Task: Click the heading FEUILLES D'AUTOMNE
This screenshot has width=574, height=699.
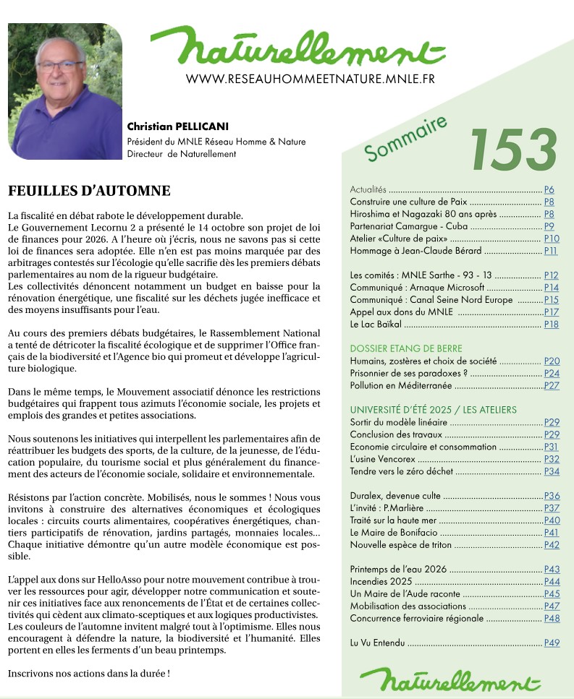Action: click(89, 192)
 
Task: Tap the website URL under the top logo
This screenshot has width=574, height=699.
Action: click(310, 78)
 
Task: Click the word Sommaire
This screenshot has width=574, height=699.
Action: click(405, 139)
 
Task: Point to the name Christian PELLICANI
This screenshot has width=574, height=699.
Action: click(178, 128)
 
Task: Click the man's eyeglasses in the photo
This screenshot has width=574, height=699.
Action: click(61, 66)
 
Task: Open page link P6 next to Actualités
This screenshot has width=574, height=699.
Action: click(549, 189)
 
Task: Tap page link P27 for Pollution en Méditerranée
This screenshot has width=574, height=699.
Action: click(552, 385)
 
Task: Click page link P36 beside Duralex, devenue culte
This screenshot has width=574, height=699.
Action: click(552, 496)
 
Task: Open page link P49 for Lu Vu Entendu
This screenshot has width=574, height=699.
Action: click(552, 643)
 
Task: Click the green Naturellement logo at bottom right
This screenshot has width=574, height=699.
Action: click(450, 679)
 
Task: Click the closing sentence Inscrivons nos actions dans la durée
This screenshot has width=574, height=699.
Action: click(88, 673)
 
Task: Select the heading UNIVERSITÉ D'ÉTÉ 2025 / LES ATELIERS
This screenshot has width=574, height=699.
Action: click(433, 410)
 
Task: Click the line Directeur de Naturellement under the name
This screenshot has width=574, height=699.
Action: click(182, 154)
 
